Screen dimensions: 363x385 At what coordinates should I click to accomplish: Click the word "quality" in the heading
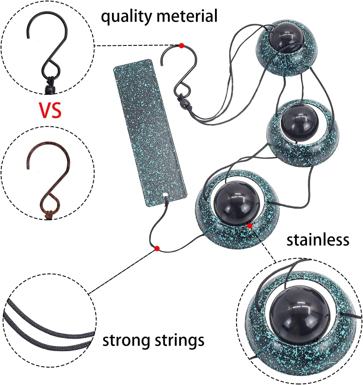(x=126, y=16)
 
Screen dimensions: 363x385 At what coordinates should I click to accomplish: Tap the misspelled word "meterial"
(x=187, y=16)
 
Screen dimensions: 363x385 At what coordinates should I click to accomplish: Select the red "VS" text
(x=50, y=110)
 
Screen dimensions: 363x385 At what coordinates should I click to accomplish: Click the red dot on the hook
(x=181, y=46)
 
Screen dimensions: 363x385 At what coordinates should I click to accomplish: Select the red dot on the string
(x=157, y=249)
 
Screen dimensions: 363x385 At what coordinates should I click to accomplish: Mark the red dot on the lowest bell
(x=250, y=226)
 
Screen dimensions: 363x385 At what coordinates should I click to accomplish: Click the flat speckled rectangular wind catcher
(x=150, y=133)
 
